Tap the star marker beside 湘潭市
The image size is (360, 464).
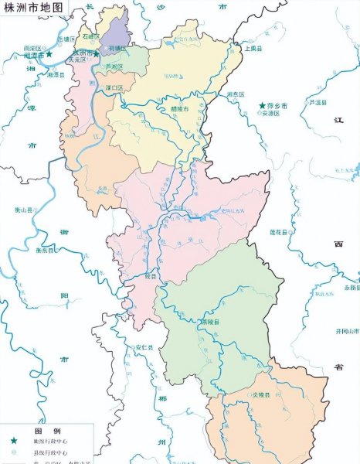tap(49, 55)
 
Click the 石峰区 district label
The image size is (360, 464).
tap(93, 36)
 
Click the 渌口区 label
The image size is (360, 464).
tap(116, 88)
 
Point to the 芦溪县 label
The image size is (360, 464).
tap(315, 102)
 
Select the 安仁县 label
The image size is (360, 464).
tap(144, 346)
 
